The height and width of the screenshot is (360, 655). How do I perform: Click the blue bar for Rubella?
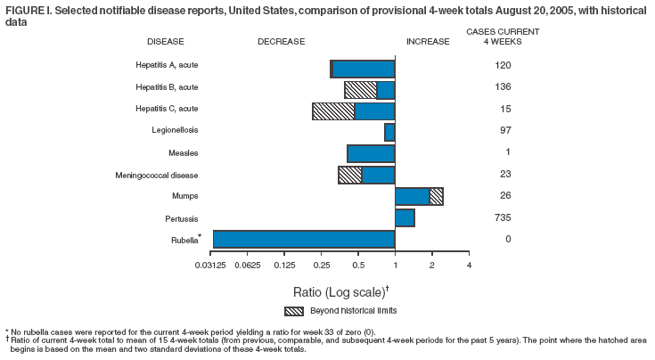303,239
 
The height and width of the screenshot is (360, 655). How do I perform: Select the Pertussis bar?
405,217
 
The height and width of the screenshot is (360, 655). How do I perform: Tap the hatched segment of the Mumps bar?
436,196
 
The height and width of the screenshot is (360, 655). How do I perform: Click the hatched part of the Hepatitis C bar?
333,110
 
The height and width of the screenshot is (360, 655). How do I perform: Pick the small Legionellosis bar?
389,132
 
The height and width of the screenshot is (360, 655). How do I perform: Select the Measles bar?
371,153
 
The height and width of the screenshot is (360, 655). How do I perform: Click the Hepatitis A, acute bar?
363,69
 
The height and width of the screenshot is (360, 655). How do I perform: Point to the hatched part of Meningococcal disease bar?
350,175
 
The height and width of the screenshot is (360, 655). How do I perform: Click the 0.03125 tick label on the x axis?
212,265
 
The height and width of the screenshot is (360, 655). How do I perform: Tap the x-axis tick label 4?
469,265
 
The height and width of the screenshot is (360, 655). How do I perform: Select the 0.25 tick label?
321,265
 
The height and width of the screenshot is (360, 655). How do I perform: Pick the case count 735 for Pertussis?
502,217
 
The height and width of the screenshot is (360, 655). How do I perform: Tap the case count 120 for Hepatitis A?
502,66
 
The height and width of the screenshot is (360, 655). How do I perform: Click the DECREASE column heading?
282,42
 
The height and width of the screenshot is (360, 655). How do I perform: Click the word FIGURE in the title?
21,9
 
